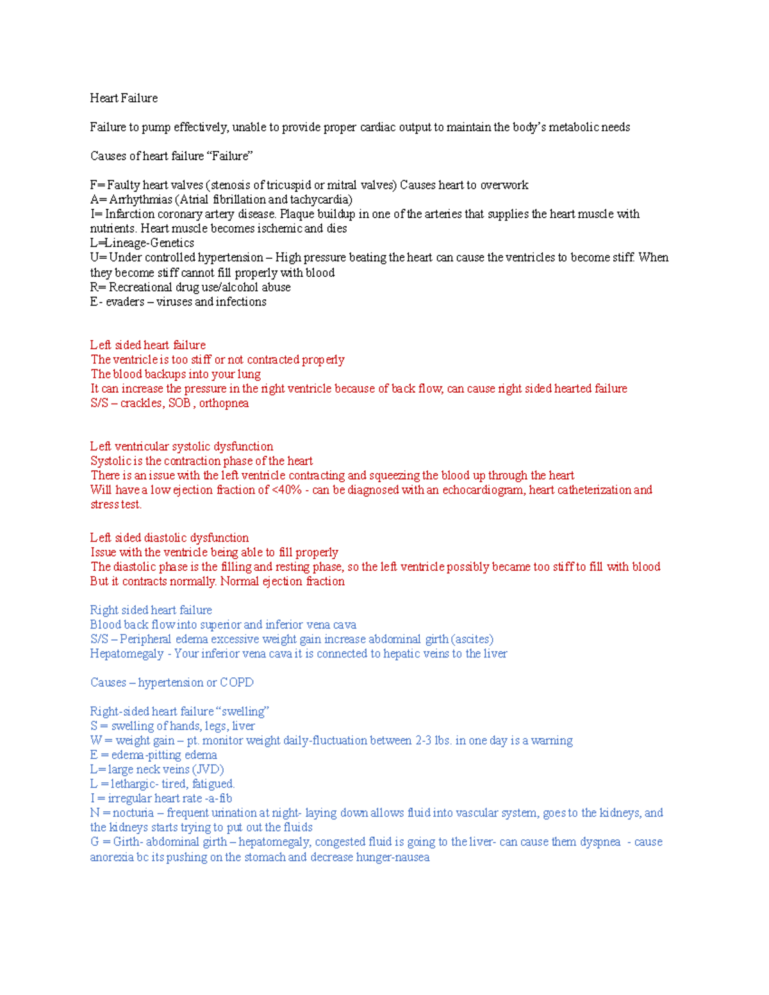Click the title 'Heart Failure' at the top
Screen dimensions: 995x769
(124, 98)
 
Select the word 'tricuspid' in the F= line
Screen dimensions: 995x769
(289, 185)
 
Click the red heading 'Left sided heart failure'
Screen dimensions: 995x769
(147, 345)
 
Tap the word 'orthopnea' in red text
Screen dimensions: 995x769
(224, 403)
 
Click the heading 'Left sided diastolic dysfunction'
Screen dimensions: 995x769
(169, 538)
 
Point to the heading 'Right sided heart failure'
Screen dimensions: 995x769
(151, 610)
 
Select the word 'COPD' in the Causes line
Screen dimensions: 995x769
(236, 682)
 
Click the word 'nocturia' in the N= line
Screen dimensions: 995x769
(133, 813)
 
